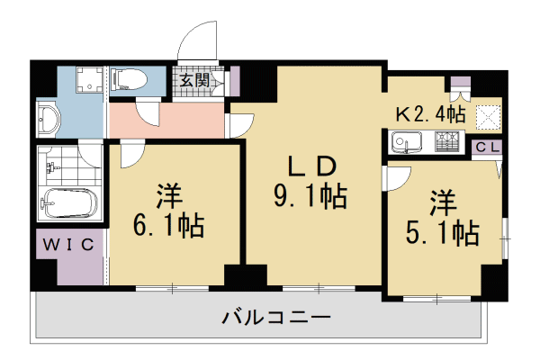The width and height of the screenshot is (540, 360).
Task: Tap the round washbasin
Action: click(49, 119)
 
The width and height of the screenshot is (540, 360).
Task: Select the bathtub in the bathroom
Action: click(67, 206)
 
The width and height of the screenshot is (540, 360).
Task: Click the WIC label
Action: click(72, 243)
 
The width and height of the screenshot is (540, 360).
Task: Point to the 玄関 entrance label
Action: click(195, 81)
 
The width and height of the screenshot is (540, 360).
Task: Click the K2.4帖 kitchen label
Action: click(430, 113)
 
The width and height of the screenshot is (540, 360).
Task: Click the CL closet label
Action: click(487, 147)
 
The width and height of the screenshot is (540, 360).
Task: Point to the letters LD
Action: click(310, 166)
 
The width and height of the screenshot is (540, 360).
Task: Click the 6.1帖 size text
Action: click(167, 223)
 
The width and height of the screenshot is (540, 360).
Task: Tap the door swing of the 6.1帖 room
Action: click(130, 155)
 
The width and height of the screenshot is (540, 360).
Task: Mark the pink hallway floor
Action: click(171, 121)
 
